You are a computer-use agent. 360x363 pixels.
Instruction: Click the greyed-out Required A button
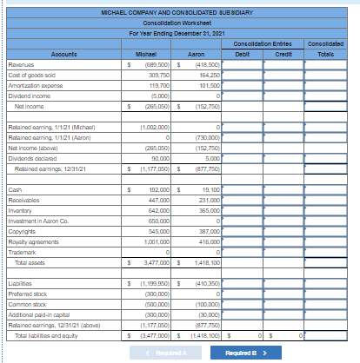pos(157,353)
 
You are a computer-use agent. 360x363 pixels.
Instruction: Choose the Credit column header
pos(283,53)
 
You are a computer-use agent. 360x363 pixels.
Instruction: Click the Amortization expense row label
pos(35,86)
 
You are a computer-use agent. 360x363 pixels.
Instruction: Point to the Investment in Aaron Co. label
pos(39,220)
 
